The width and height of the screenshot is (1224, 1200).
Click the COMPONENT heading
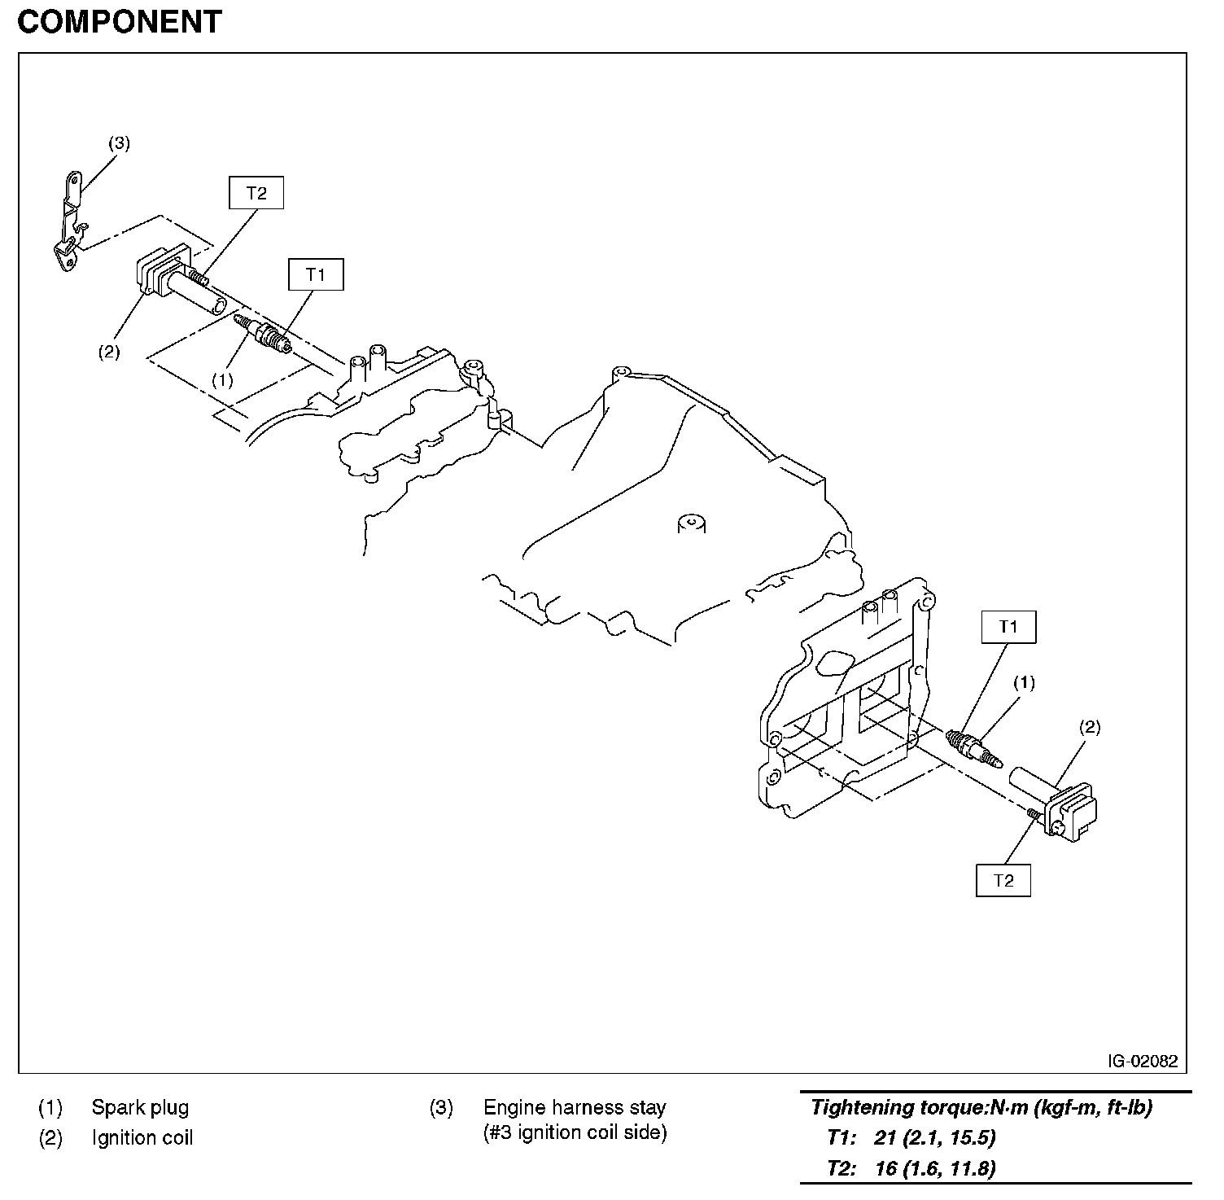(x=119, y=22)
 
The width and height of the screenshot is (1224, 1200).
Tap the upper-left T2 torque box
(x=256, y=193)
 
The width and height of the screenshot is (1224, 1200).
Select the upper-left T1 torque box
(x=316, y=274)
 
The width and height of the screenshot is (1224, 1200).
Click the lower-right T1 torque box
(x=1008, y=626)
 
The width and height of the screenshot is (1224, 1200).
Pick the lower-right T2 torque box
(x=1003, y=880)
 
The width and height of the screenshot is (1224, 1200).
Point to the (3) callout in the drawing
(x=119, y=143)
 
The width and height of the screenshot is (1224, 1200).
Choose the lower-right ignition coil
(x=1058, y=802)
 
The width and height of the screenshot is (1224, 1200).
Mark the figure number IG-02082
(x=1142, y=1061)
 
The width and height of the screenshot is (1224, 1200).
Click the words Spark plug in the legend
(x=140, y=1107)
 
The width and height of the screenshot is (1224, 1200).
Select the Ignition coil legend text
(x=142, y=1137)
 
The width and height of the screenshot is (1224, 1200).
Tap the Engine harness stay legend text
(x=575, y=1107)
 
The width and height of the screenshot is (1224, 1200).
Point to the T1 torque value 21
(x=885, y=1137)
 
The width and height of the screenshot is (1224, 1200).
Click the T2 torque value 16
(x=885, y=1168)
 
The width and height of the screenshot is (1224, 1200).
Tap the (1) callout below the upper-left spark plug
(x=222, y=379)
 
